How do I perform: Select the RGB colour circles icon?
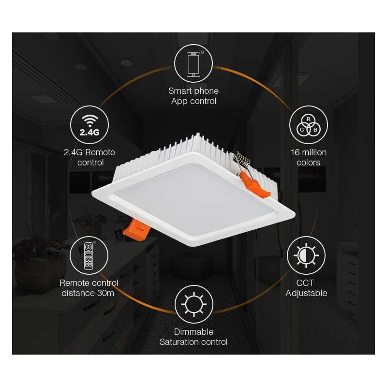tap(309, 125)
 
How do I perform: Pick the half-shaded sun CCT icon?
tap(306, 255)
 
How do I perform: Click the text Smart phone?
tap(193, 91)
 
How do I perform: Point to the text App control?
tap(193, 101)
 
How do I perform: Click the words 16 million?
tap(309, 152)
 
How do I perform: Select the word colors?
tap(309, 163)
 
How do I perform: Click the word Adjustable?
tap(306, 293)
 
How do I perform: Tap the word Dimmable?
tap(193, 332)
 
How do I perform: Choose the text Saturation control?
tap(193, 342)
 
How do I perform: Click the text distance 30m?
tap(89, 293)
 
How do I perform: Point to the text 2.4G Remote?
tap(89, 152)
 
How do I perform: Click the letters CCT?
tap(306, 283)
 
